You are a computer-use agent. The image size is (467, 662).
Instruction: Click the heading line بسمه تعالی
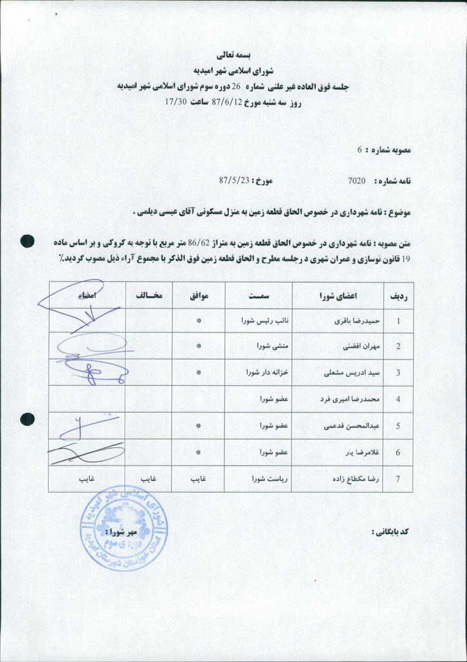[x=233, y=55]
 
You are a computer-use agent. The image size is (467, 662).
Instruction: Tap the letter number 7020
[x=357, y=181]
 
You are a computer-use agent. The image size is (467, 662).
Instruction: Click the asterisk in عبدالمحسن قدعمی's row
[x=199, y=426]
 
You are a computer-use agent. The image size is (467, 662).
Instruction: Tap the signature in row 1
[x=78, y=307]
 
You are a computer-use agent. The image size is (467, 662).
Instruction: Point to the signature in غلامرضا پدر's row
[x=84, y=454]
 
